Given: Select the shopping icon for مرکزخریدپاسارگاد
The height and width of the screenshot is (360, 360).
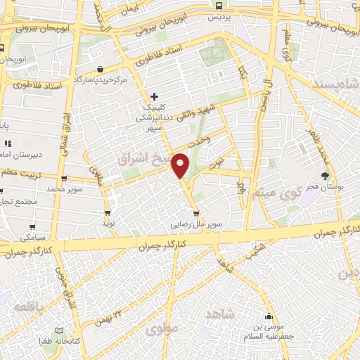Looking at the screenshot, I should (101, 70).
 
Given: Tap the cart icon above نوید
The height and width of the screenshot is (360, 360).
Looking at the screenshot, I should (108, 212).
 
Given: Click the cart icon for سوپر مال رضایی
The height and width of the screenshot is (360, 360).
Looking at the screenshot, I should (196, 214).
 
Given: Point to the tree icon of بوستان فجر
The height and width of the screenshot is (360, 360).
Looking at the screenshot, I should (325, 176).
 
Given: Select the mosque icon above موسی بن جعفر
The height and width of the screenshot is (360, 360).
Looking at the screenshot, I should (267, 316).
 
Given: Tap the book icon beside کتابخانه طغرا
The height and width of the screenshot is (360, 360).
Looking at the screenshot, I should (59, 330).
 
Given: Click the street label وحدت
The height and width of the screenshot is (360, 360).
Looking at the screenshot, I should (200, 141).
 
